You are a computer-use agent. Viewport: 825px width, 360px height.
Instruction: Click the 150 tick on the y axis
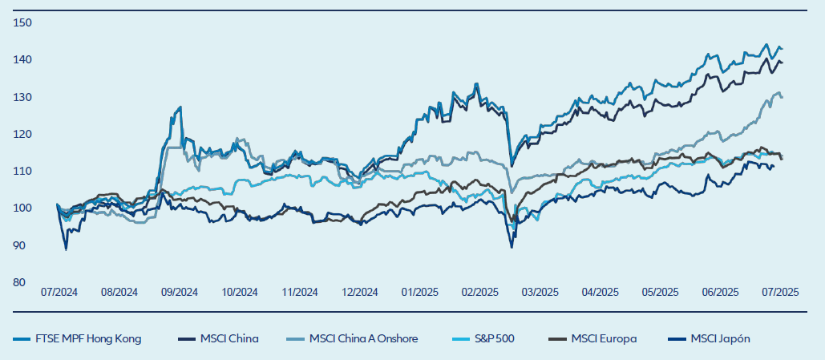tap(22, 22)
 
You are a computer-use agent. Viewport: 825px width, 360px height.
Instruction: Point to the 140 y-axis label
tap(22, 59)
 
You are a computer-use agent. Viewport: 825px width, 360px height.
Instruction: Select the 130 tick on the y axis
tap(22, 97)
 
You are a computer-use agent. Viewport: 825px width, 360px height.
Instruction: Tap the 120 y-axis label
tap(22, 134)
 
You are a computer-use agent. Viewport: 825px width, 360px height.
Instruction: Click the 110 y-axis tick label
tap(22, 171)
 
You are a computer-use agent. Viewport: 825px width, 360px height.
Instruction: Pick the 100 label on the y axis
tap(22, 208)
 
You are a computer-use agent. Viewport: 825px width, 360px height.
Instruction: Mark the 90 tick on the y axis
tap(24, 245)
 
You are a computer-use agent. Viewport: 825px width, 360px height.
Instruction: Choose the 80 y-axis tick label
tap(24, 282)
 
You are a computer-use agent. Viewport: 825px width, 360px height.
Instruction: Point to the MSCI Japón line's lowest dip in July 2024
tap(66, 249)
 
